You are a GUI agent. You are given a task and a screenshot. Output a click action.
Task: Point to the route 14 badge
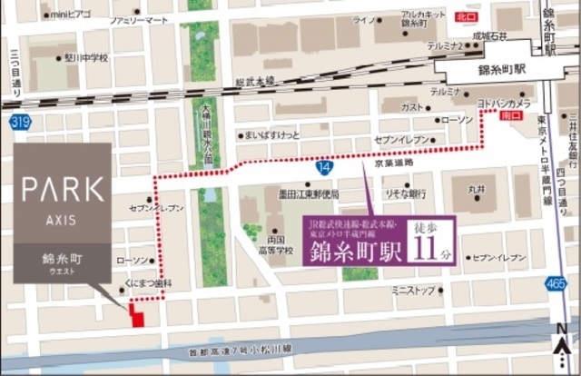(325, 167)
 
